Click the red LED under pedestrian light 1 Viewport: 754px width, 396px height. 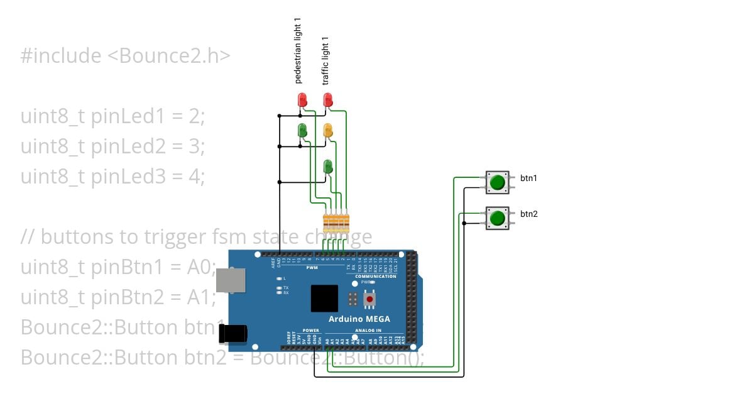(x=302, y=100)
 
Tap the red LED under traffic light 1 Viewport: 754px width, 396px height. (x=327, y=100)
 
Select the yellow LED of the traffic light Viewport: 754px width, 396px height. (x=327, y=131)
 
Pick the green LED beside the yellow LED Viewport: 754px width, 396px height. (x=302, y=131)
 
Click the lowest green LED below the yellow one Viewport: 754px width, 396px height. (x=327, y=167)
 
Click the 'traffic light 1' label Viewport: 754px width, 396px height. (x=325, y=61)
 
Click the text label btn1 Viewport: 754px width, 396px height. (x=528, y=179)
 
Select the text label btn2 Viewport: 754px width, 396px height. (x=528, y=214)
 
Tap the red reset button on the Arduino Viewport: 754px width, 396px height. (x=369, y=300)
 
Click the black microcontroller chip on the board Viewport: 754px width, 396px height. (x=324, y=298)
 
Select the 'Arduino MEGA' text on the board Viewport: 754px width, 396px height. (x=359, y=319)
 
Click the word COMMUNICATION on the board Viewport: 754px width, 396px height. (x=376, y=277)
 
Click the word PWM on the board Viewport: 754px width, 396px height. (x=312, y=268)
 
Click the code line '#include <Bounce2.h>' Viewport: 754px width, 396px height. (x=126, y=56)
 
